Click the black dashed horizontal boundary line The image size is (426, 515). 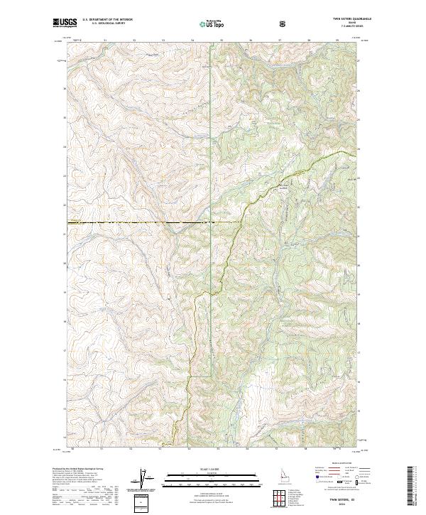click(x=142, y=223)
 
